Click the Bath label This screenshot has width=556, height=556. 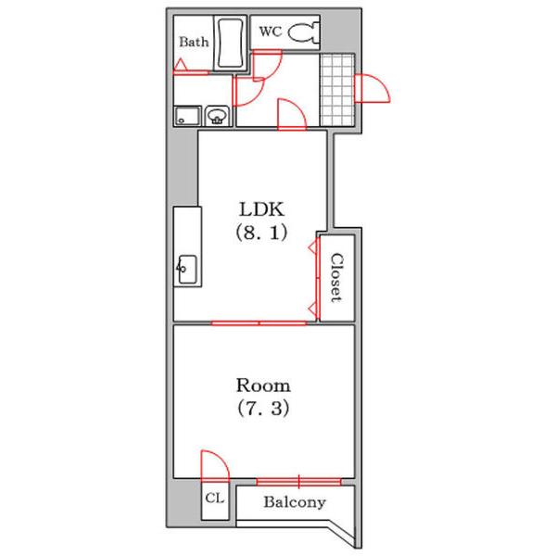point(194,42)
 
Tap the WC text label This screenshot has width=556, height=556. point(271,32)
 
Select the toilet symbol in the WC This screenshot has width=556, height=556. point(304,32)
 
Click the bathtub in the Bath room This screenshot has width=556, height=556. point(230,44)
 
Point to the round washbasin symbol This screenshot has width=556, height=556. point(217,116)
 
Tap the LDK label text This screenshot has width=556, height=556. point(261,209)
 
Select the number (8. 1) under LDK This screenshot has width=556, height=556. point(261,233)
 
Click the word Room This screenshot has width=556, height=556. point(263,385)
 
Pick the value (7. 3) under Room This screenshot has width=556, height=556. point(263,408)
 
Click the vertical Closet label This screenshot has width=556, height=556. point(336,278)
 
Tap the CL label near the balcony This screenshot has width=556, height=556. point(215,499)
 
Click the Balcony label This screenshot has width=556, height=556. point(295,502)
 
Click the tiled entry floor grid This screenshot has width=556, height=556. point(337,90)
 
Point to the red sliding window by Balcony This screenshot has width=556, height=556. point(298,482)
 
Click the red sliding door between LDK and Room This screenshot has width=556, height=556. point(259,323)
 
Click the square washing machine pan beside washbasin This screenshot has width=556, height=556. point(187,116)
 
